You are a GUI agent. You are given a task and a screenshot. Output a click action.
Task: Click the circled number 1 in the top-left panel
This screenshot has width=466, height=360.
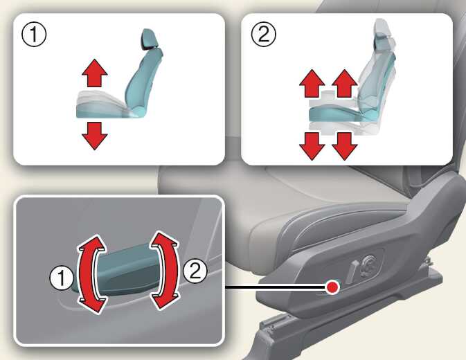[x=34, y=35]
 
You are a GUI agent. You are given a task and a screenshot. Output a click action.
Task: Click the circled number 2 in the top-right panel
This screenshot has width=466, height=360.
[x=264, y=35]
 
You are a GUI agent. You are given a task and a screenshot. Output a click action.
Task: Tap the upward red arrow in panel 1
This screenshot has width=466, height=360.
[x=94, y=73]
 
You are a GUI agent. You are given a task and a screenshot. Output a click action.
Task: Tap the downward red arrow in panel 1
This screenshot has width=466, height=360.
[x=94, y=136]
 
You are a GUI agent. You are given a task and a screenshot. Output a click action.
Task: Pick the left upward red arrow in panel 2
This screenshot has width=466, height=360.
[x=312, y=84]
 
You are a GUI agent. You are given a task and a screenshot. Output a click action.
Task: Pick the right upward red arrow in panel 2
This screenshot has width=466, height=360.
[x=344, y=84]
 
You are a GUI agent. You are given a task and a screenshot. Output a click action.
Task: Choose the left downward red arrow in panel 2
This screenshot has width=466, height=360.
[x=312, y=146]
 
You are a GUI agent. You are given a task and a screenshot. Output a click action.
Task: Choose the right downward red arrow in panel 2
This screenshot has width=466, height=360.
[x=344, y=146]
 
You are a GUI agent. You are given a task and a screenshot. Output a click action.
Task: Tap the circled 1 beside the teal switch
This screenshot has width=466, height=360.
[x=61, y=278]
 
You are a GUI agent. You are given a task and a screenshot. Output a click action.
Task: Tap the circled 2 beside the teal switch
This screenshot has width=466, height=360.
[x=195, y=270]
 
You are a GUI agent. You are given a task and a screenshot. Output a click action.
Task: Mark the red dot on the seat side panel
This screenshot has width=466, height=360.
[x=332, y=287]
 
